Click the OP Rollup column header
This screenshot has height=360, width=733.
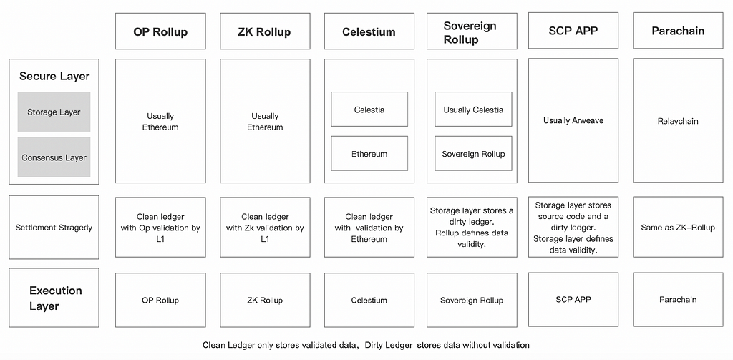(160, 31)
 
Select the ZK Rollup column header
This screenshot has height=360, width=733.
(265, 31)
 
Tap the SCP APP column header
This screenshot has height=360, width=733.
(573, 30)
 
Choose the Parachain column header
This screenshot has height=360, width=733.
(678, 30)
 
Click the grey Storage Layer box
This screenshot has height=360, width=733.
(54, 112)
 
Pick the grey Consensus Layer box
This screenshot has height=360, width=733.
(54, 157)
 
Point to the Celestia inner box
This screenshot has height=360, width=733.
(369, 109)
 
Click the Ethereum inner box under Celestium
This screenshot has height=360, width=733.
(369, 153)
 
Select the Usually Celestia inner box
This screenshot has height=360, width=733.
(474, 109)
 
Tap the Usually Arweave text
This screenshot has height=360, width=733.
(573, 120)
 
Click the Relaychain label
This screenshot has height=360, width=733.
(678, 121)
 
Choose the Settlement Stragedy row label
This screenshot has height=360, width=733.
(54, 227)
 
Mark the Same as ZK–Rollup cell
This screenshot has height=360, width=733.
(678, 227)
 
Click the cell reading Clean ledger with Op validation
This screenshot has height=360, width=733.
(160, 227)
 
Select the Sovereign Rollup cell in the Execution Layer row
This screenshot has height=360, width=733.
(472, 300)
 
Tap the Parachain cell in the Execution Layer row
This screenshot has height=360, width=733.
(678, 299)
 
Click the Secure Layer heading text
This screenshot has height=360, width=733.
(54, 76)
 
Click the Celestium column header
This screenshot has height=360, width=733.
(369, 31)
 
